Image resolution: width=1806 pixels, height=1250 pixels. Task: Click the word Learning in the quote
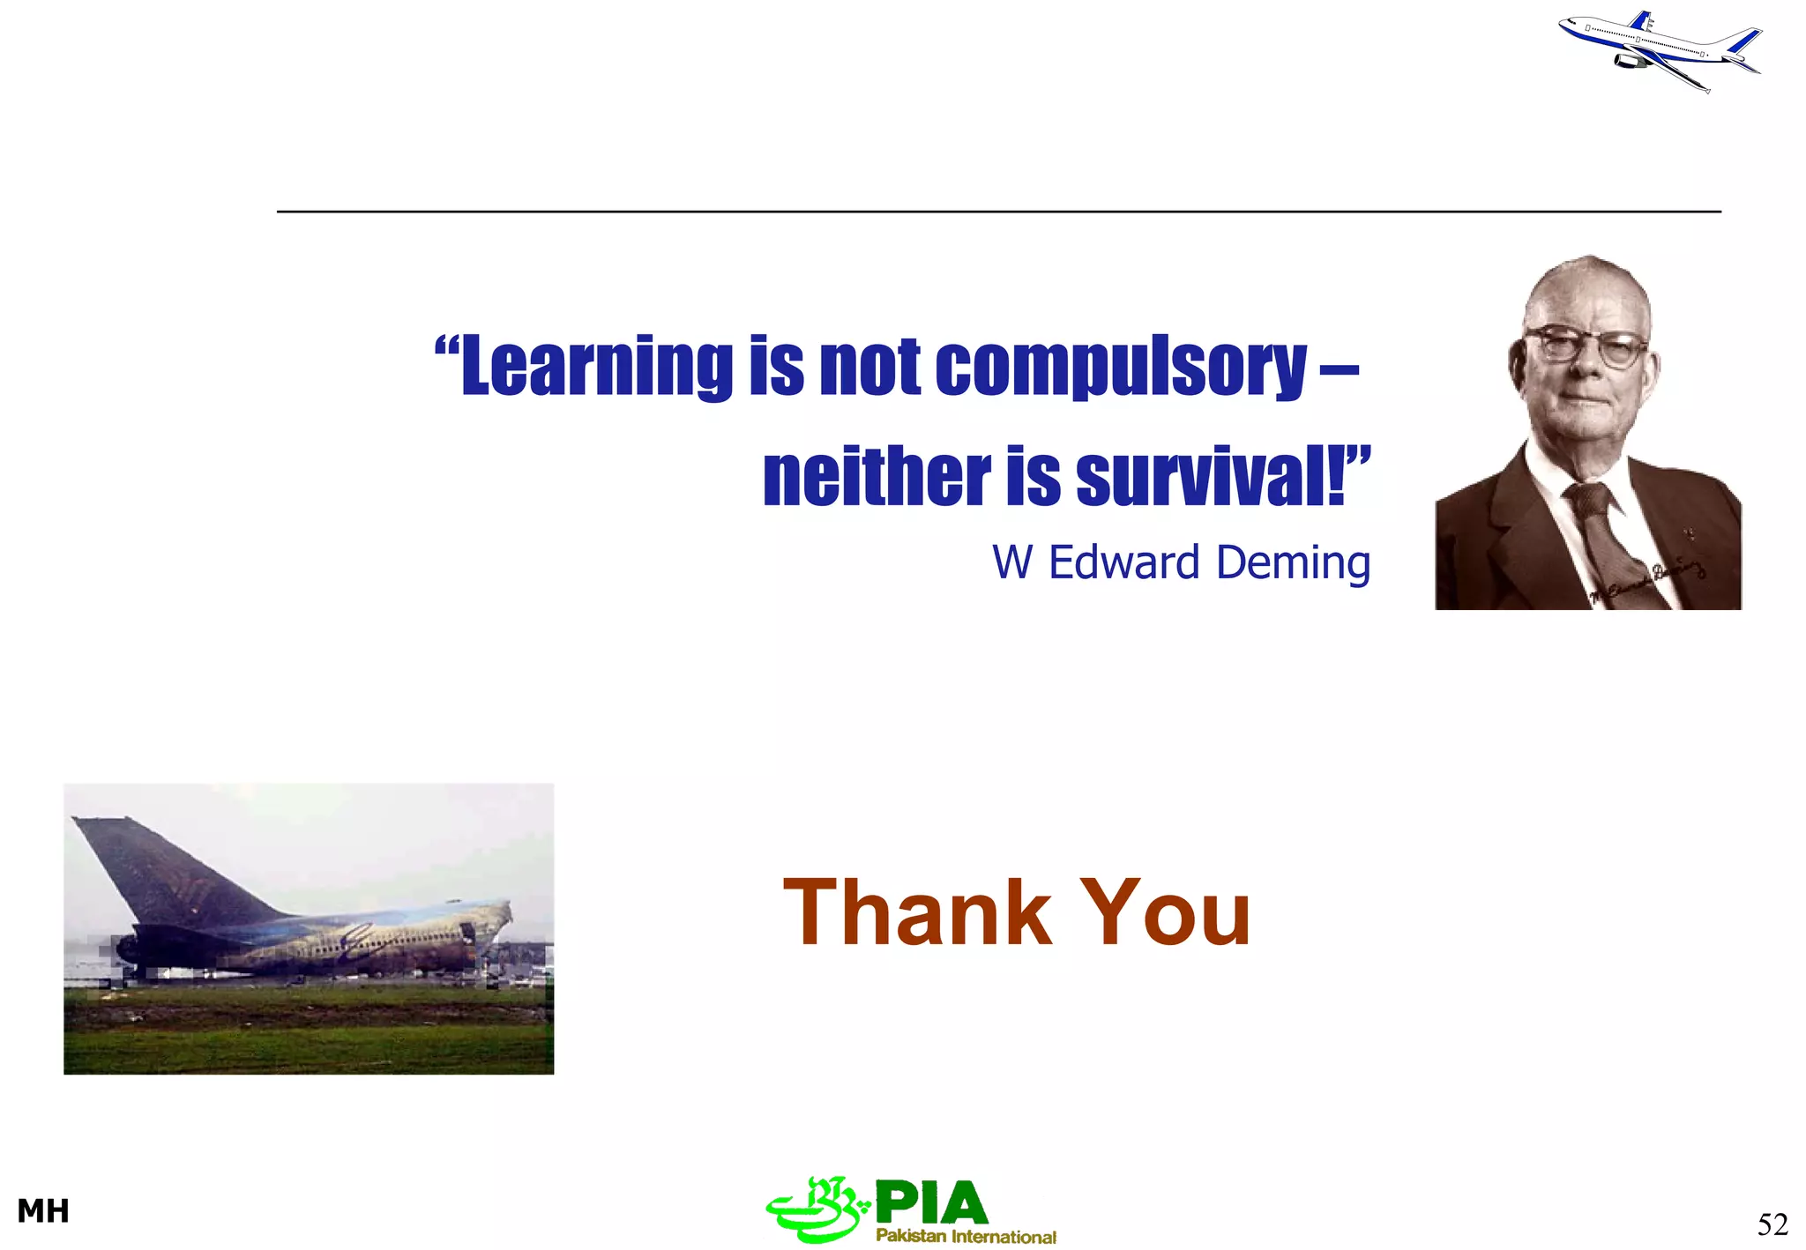pos(596,367)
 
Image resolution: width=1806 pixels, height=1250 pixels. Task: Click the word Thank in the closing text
pos(917,913)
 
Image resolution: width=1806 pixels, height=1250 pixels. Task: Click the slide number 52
pos(1772,1224)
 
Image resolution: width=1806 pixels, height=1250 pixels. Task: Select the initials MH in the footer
pos(43,1211)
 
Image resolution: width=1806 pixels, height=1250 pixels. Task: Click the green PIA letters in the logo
pos(931,1202)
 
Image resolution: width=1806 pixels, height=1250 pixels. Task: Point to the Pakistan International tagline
pos(966,1236)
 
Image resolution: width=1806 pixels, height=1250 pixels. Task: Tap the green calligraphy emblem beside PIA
pos(816,1209)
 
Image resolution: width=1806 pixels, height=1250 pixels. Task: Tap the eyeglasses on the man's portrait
pos(1586,345)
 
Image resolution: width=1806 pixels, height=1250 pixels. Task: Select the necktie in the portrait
pos(1609,538)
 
